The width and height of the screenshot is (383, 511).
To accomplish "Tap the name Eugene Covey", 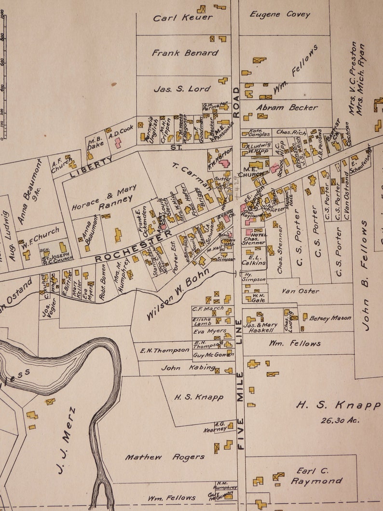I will [280, 14].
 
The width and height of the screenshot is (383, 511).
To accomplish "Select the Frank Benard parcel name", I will [185, 53].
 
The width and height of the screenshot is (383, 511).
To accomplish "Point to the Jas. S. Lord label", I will [182, 89].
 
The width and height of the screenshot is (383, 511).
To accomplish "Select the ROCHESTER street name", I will [133, 246].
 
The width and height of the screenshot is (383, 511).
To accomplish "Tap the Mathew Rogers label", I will [164, 457].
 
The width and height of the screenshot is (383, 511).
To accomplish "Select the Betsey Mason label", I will [330, 318].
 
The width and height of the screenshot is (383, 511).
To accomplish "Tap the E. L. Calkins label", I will [254, 260].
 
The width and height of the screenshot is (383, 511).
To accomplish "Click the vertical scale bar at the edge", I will [4, 77].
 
